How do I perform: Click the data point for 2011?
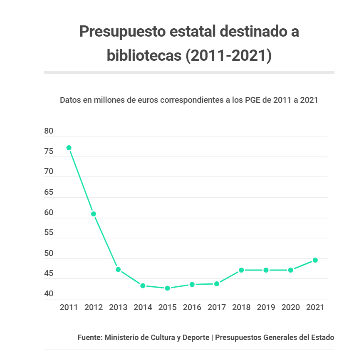[69, 148]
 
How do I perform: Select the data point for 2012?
[94, 214]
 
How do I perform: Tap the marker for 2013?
[118, 270]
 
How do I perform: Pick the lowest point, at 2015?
[167, 288]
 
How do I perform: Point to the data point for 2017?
[217, 284]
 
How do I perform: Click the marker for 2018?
[241, 270]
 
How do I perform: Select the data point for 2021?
[315, 260]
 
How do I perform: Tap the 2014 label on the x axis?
[143, 308]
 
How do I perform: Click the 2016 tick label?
[192, 308]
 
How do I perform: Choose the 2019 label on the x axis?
[266, 308]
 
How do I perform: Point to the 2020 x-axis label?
[290, 308]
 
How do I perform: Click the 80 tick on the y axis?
[49, 131]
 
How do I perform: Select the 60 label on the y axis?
[49, 213]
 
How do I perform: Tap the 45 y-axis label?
[49, 274]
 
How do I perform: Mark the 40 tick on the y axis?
[49, 294]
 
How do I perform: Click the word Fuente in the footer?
[89, 338]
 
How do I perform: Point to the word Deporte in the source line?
[196, 338]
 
